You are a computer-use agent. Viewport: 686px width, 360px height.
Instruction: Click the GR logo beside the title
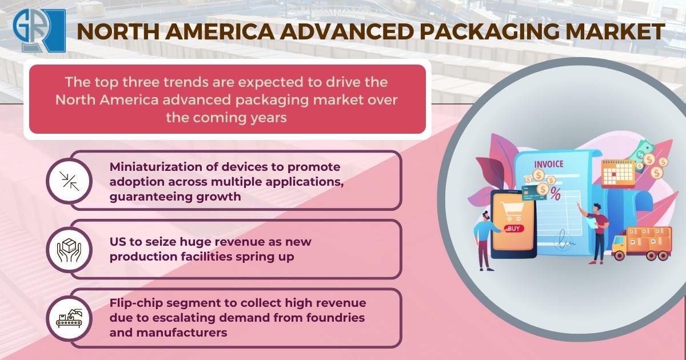pyautogui.click(x=39, y=31)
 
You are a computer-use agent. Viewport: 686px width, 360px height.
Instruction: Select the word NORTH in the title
pyautogui.click(x=118, y=31)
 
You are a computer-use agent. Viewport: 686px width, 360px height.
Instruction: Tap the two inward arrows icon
pyautogui.click(x=69, y=181)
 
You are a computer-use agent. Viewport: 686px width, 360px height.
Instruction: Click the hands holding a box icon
pyautogui.click(x=69, y=250)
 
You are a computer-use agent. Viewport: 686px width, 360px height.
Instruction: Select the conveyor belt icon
pyautogui.click(x=69, y=318)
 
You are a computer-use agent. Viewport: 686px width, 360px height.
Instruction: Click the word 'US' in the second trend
pyautogui.click(x=118, y=242)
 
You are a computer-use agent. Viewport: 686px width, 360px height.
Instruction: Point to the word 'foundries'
pyautogui.click(x=336, y=318)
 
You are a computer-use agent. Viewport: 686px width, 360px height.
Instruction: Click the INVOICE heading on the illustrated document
pyautogui.click(x=549, y=164)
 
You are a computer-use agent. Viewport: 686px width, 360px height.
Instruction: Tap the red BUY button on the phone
pyautogui.click(x=514, y=229)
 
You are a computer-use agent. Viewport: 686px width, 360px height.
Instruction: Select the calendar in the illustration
pyautogui.click(x=618, y=173)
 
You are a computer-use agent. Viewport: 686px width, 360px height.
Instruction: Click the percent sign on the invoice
pyautogui.click(x=556, y=194)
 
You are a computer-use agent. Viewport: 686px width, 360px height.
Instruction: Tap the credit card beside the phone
pyautogui.click(x=533, y=193)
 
